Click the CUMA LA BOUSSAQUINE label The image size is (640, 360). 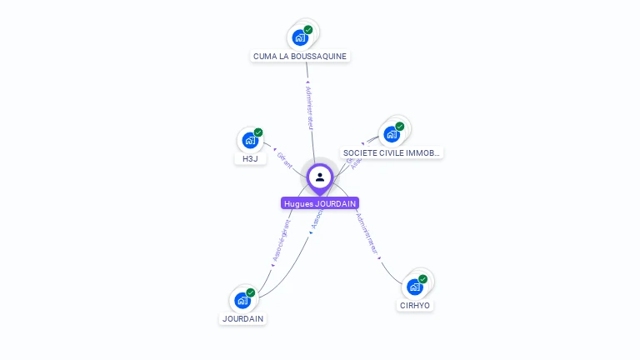pyautogui.click(x=300, y=56)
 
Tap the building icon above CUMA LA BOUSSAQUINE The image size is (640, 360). pyautogui.click(x=300, y=37)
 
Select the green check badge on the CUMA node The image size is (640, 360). pyautogui.click(x=308, y=30)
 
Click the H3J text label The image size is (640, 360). pyautogui.click(x=250, y=158)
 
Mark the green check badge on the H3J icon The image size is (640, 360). pyautogui.click(x=258, y=132)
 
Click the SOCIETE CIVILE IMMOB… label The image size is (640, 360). pyautogui.click(x=392, y=152)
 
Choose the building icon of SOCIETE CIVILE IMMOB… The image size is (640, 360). pyautogui.click(x=392, y=133)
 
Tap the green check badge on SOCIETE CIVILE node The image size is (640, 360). pyautogui.click(x=400, y=127)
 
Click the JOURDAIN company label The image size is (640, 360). pyautogui.click(x=242, y=318)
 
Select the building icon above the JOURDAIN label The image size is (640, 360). pyautogui.click(x=242, y=300)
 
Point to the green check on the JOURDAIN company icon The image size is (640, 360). pyautogui.click(x=251, y=292)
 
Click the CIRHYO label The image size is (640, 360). pyautogui.click(x=415, y=305)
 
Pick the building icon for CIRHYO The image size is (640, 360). pyautogui.click(x=415, y=287)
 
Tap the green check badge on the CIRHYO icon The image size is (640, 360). pyautogui.click(x=423, y=279)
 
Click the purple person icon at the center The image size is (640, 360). pyautogui.click(x=320, y=177)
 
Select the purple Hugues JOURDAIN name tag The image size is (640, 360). pyautogui.click(x=320, y=203)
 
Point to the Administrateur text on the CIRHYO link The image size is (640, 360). pyautogui.click(x=367, y=233)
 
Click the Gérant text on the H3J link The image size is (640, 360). pyautogui.click(x=284, y=160)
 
